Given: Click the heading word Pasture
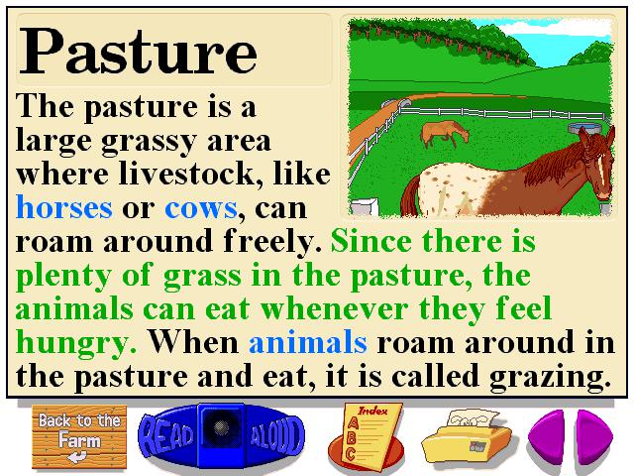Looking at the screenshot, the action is pos(138,52).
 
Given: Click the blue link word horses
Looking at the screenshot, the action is pos(64,208).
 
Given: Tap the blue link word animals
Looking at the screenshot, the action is pos(308,342).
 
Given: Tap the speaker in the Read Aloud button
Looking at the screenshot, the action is pos(221,427).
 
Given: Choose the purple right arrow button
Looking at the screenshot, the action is pos(594,437).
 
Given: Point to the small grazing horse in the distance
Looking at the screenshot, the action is pos(445,133).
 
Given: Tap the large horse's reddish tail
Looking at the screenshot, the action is pos(410,197).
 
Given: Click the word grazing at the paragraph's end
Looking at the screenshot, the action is pos(550,377).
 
